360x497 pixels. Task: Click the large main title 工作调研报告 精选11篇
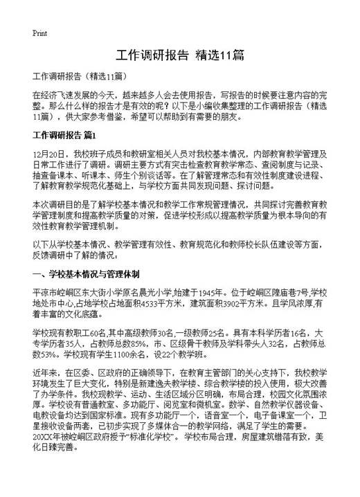pyautogui.click(x=180, y=55)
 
